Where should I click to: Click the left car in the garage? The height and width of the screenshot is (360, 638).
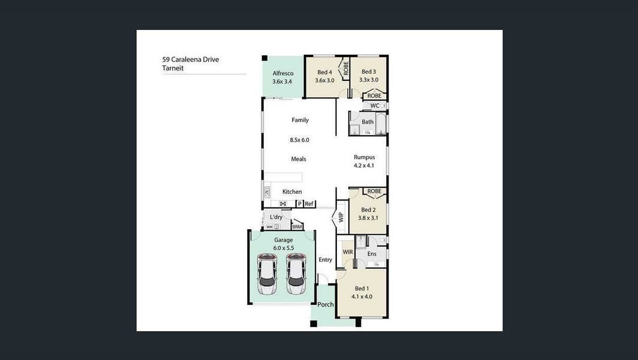pyautogui.click(x=267, y=274)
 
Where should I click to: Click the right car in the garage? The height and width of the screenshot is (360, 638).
pyautogui.click(x=296, y=274)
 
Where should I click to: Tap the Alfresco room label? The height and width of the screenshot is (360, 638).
pyautogui.click(x=283, y=73)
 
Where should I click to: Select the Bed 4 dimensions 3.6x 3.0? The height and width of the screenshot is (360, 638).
pyautogui.click(x=325, y=80)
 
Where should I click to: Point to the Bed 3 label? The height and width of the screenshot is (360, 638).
pyautogui.click(x=369, y=71)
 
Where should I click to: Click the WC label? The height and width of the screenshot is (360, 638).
pyautogui.click(x=374, y=106)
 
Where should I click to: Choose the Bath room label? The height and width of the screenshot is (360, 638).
pyautogui.click(x=368, y=122)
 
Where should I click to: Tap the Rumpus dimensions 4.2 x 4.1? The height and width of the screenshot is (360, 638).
pyautogui.click(x=364, y=166)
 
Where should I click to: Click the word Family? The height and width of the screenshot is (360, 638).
pyautogui.click(x=300, y=120)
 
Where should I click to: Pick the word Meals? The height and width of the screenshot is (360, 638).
pyautogui.click(x=299, y=159)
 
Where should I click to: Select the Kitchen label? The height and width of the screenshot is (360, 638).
pyautogui.click(x=292, y=191)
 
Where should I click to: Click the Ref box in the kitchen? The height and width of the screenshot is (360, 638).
pyautogui.click(x=309, y=203)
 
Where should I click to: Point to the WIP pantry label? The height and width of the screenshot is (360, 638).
pyautogui.click(x=341, y=217)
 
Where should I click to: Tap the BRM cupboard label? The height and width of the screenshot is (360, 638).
pyautogui.click(x=297, y=227)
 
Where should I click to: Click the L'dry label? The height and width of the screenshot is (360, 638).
pyautogui.click(x=276, y=217)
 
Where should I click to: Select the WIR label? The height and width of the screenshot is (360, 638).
pyautogui.click(x=348, y=252)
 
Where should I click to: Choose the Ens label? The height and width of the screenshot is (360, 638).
pyautogui.click(x=372, y=254)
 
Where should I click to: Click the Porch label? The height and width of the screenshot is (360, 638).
pyautogui.click(x=326, y=304)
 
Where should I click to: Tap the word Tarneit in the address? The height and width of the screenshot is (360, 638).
pyautogui.click(x=173, y=68)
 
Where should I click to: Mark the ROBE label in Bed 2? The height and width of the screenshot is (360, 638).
pyautogui.click(x=374, y=191)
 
